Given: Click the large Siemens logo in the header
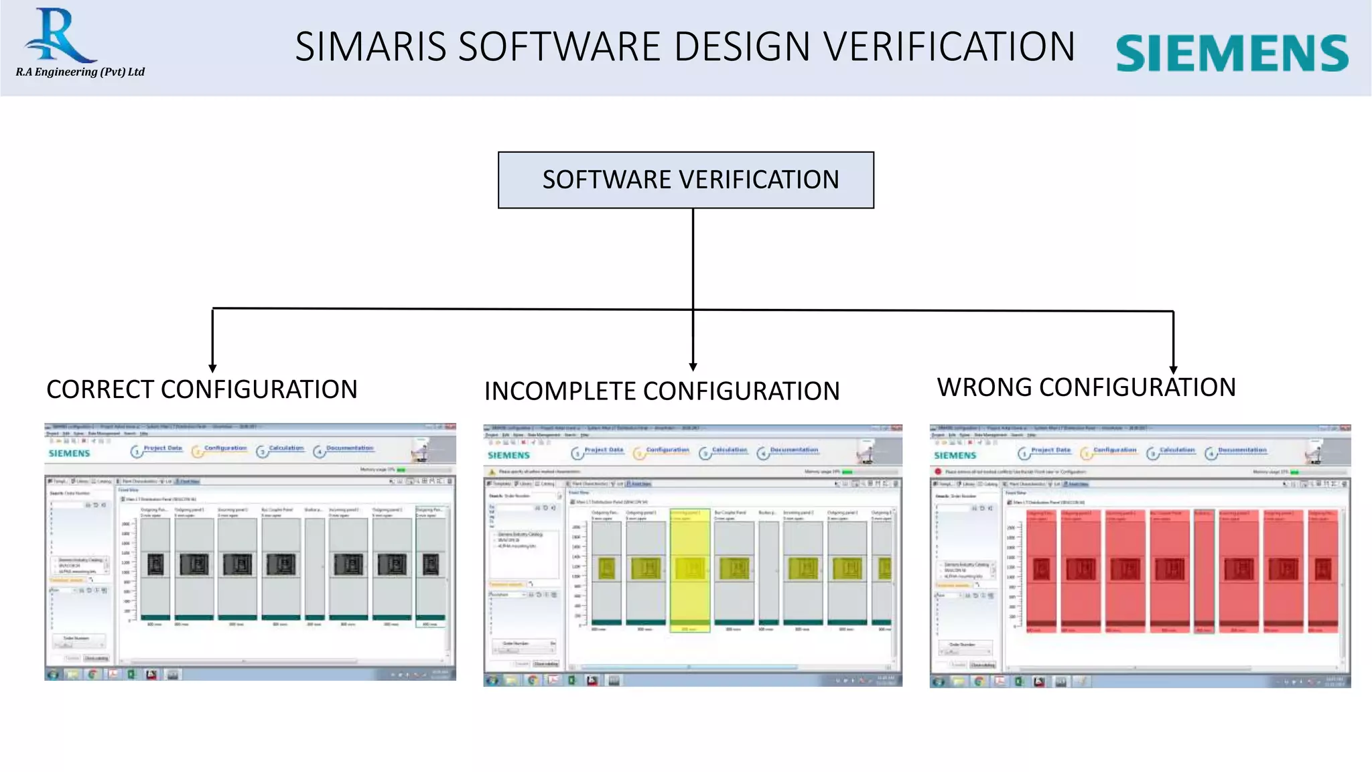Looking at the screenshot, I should point(1231,53).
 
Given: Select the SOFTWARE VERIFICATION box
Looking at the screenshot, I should point(685,180).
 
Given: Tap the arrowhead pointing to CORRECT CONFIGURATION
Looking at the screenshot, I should point(212,368).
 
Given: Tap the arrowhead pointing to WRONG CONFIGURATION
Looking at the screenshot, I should point(1173,369).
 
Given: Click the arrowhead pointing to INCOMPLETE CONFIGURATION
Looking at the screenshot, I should point(693,367).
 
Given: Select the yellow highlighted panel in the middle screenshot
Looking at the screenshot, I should point(690,570).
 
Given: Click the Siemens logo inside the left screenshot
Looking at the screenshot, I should point(69,454).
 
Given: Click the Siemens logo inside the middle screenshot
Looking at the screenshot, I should point(508,456).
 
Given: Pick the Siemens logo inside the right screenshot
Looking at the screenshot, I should point(955,456).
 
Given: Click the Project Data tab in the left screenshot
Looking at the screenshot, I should point(162,448).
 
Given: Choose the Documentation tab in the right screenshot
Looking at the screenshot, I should point(1241,450).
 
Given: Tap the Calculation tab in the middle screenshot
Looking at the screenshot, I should point(729,450).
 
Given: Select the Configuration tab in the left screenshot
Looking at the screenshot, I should point(225,448).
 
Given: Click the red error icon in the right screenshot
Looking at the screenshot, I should point(938,472).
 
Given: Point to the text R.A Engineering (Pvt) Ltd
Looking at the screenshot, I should point(80,72).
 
